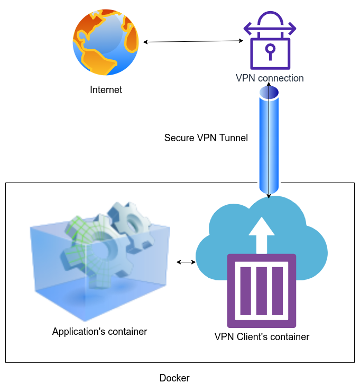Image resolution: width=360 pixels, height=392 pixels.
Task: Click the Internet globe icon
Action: point(106,42)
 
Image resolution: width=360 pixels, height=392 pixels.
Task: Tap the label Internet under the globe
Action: point(106,90)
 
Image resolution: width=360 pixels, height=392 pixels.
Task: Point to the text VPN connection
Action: point(270,78)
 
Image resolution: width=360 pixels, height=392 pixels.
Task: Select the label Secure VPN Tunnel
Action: point(206,138)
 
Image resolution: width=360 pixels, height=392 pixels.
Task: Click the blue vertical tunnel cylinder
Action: point(269,143)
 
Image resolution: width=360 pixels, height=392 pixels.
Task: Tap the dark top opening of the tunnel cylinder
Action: point(269,93)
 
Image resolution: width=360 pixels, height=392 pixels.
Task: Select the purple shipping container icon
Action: point(262,291)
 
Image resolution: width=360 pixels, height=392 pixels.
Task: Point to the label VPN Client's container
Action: point(262,336)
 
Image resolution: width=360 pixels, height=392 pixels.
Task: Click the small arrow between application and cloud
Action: point(186,262)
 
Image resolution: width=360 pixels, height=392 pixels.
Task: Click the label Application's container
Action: point(99,332)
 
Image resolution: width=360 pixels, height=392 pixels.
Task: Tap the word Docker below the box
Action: point(174,378)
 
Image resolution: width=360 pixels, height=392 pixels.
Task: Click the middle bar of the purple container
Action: point(262,291)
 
